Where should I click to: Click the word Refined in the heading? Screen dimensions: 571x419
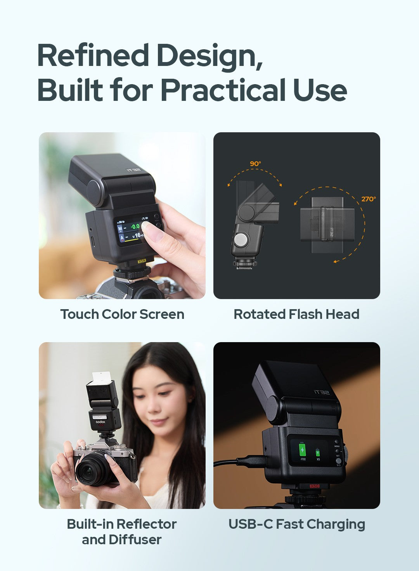93,55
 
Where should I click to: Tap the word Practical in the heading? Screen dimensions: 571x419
223,90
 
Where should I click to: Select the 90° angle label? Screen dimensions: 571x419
255,164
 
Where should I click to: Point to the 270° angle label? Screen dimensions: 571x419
368,199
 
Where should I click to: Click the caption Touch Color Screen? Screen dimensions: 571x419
122,314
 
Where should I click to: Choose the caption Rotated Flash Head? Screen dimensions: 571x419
296,314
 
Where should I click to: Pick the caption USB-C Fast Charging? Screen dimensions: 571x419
297,524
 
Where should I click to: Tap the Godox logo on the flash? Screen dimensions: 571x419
100,422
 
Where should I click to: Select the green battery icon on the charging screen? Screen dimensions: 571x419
302,450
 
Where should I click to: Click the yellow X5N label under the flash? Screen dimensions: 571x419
142,261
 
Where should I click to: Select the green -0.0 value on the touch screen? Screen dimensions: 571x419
135,226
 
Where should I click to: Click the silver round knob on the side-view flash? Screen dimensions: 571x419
241,240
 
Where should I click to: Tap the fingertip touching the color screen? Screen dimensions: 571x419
147,227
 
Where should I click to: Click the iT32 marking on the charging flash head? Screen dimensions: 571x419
322,393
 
